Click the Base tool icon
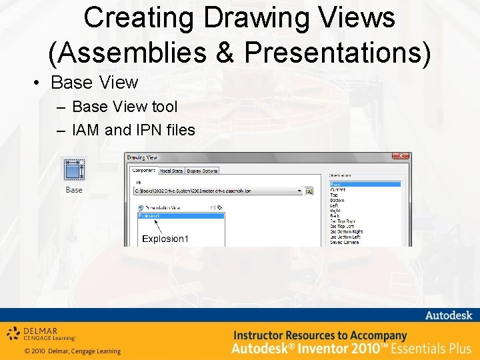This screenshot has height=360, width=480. [x=73, y=170]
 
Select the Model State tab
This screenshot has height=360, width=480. [x=171, y=171]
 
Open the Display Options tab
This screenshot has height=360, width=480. [x=202, y=171]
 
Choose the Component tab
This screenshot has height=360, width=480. [x=143, y=171]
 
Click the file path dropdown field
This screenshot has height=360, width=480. [x=217, y=191]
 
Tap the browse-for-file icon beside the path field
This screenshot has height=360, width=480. [x=309, y=191]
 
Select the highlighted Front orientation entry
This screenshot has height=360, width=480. [x=365, y=184]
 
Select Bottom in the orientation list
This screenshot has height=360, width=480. [x=337, y=200]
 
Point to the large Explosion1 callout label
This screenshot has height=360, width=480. [x=165, y=239]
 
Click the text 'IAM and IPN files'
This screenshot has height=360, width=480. [x=133, y=130]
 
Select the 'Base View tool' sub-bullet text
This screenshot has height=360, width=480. [x=125, y=107]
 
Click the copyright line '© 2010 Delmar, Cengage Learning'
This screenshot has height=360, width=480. [x=72, y=351]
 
